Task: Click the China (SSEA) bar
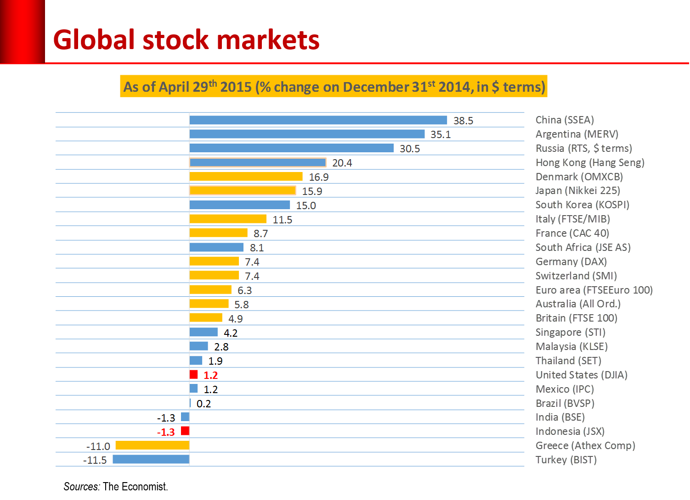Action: pyautogui.click(x=318, y=120)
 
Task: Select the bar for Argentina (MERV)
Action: pyautogui.click(x=307, y=134)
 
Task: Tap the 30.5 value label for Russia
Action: pyautogui.click(x=410, y=149)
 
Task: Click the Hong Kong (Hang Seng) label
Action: pyautogui.click(x=590, y=162)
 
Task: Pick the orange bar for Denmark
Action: pyautogui.click(x=246, y=177)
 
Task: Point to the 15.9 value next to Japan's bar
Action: pyautogui.click(x=312, y=191)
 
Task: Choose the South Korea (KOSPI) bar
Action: pyautogui.click(x=239, y=205)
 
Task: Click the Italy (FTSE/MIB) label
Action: pyautogui.click(x=572, y=219)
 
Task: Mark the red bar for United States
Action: pyautogui.click(x=194, y=375)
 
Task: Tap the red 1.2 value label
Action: pyautogui.click(x=210, y=376)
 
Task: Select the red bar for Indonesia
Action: pyautogui.click(x=185, y=431)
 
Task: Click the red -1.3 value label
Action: pyautogui.click(x=166, y=432)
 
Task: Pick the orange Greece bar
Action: pyautogui.click(x=152, y=445)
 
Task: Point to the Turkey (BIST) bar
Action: pyautogui.click(x=151, y=459)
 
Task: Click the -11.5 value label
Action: pyautogui.click(x=95, y=461)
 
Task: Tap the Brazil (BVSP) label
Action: pyautogui.click(x=565, y=403)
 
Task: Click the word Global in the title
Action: pyautogui.click(x=94, y=40)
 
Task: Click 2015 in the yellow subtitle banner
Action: pyautogui.click(x=236, y=87)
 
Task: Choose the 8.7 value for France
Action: pyautogui.click(x=260, y=234)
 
